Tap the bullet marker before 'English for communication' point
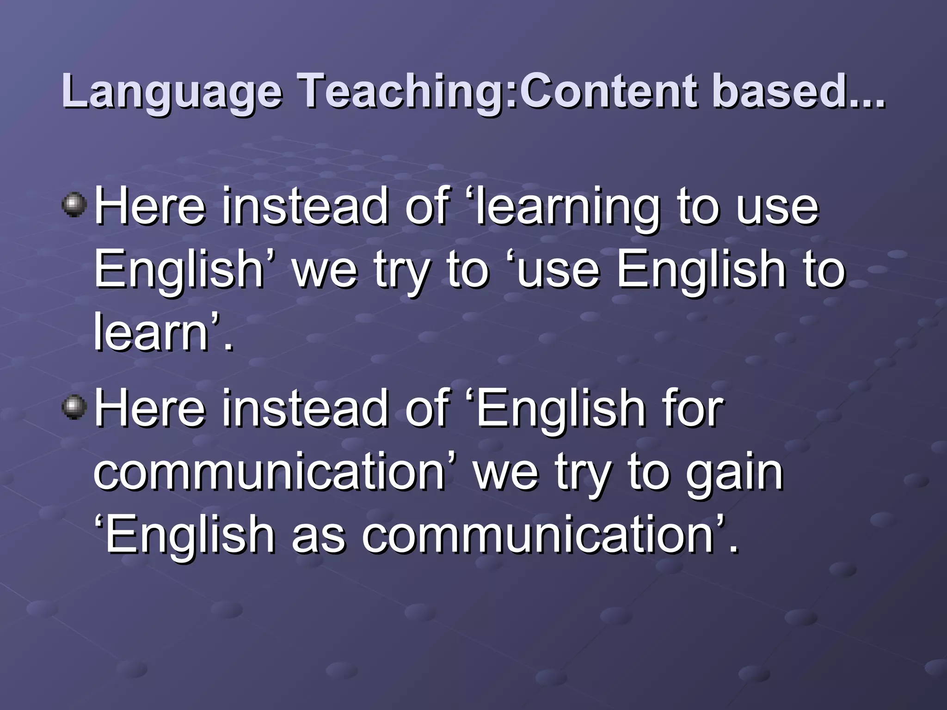(74, 407)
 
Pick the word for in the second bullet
(694, 409)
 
